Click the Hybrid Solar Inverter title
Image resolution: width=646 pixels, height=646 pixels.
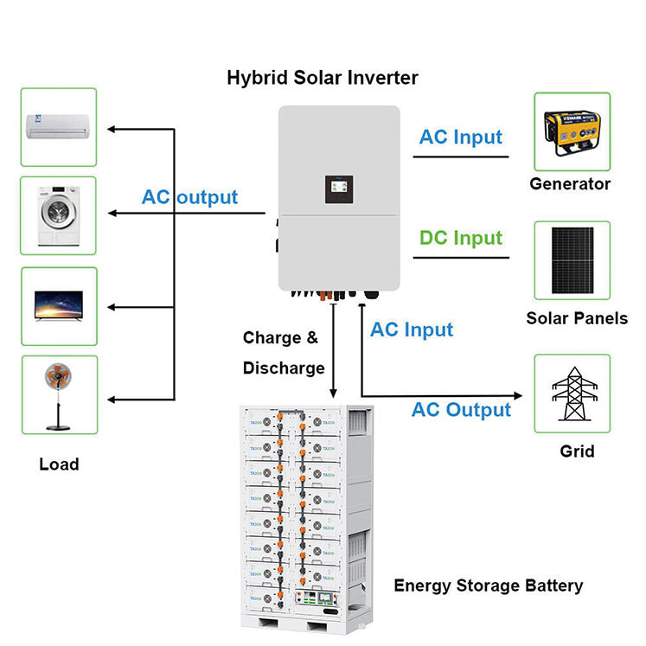(322, 78)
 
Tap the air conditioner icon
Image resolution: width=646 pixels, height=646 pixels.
(58, 126)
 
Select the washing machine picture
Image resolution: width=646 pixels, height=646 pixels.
(58, 215)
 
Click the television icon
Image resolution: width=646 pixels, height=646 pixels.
(58, 305)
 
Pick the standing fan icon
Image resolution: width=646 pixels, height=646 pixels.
(58, 395)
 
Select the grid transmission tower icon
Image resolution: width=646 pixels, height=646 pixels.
(572, 393)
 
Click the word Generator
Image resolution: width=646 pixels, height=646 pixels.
(570, 184)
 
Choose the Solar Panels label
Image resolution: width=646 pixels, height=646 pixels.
(577, 318)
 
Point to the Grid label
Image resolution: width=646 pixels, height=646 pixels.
(577, 451)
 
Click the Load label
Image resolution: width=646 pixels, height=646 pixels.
(59, 464)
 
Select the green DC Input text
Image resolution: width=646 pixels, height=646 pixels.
(460, 238)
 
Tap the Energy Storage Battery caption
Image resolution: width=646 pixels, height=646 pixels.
(489, 586)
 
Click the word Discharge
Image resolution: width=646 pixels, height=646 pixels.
(283, 368)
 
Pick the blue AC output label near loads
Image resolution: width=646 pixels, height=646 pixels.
(189, 197)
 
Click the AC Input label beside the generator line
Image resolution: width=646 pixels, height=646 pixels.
(460, 137)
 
